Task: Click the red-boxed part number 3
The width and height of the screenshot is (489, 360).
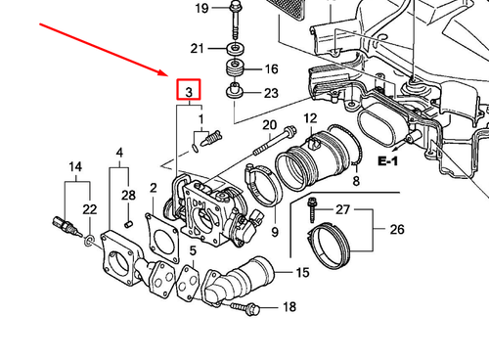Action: pos(188,92)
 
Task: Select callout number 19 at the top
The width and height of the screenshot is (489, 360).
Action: pos(201,9)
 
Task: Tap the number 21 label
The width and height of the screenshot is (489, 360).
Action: pos(199,49)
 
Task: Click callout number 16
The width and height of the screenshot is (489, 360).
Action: pos(271,69)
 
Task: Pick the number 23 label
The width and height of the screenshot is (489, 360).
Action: pos(271,93)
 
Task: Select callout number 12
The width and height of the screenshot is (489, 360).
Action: pos(311,118)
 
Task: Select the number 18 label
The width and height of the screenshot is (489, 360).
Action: pos(289,307)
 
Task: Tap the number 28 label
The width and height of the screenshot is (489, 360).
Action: pos(129,196)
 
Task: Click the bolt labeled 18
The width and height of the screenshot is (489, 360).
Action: pos(245,309)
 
